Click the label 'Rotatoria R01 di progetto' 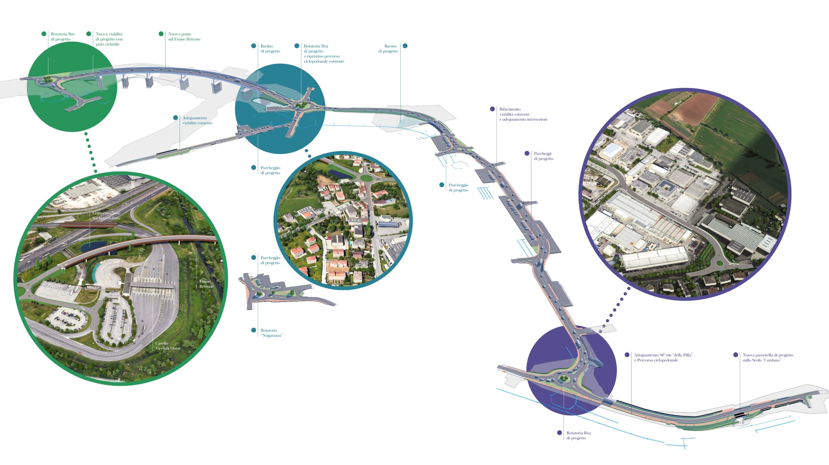[62, 37]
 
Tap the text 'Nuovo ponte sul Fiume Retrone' [184, 37]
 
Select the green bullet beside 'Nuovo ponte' [161, 34]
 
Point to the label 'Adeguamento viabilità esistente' [198, 120]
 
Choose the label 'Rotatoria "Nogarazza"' [271, 333]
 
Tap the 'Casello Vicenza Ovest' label [168, 346]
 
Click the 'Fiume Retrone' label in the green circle [206, 284]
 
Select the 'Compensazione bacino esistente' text [106, 216]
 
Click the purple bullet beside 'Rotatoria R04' [559, 433]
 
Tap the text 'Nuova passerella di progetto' [768, 355]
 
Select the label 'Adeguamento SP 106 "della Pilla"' [663, 355]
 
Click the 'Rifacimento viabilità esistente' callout [523, 114]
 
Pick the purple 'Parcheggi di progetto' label [543, 156]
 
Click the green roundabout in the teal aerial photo [366, 178]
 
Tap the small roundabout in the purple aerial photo [719, 263]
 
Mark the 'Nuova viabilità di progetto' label [109, 39]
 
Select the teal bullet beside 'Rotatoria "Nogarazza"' [254, 330]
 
